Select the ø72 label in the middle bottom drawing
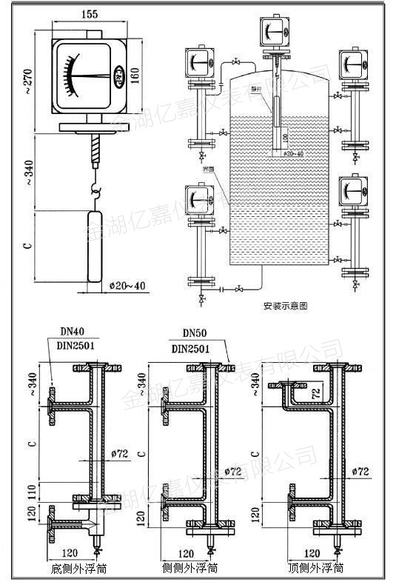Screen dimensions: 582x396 coord(234,470)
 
